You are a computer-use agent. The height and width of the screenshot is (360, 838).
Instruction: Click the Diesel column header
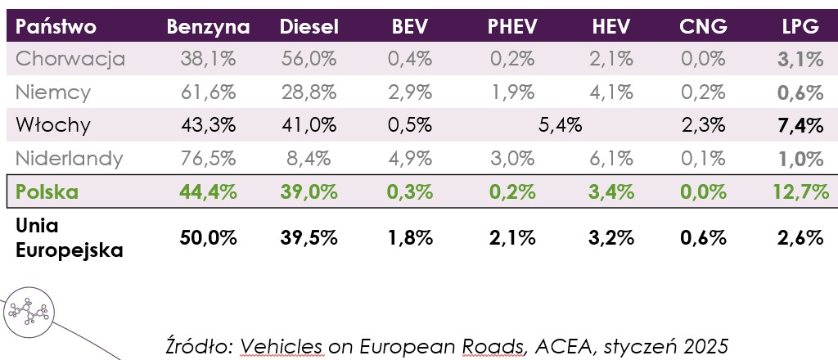309,26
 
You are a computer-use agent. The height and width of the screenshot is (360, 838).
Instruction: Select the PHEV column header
512,26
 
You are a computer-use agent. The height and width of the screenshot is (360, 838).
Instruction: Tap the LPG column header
800,26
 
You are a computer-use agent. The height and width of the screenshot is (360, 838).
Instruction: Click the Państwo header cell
56,26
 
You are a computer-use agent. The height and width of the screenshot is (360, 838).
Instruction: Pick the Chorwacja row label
70,59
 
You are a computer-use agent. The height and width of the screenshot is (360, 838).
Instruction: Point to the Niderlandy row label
70,159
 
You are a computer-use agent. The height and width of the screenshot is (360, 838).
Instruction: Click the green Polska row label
47,193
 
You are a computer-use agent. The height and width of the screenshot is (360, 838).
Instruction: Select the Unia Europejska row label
70,237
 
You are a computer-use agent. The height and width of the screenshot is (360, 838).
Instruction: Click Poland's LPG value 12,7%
800,193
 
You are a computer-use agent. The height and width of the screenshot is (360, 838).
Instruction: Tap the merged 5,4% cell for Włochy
560,125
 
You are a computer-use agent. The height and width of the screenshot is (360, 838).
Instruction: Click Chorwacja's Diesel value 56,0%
309,59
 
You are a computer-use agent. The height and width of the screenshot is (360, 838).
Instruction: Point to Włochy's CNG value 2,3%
703,125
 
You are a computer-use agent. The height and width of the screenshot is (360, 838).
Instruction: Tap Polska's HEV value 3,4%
610,193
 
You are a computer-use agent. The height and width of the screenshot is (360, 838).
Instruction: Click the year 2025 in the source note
705,341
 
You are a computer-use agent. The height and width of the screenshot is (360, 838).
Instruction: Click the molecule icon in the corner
29,312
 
